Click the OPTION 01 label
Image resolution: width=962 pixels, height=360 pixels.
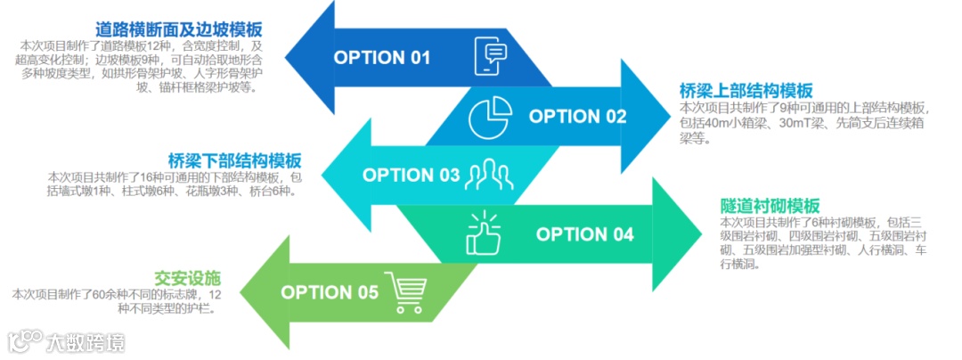point(381,58)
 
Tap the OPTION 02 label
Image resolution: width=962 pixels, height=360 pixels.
point(577,117)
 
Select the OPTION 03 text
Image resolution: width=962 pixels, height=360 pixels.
point(411,175)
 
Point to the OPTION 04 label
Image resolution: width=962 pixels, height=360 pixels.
point(584,234)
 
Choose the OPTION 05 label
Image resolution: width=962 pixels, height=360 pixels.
point(329,292)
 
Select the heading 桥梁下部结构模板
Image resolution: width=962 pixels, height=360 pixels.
point(234,160)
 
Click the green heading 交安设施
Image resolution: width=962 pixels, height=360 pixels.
point(187,277)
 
